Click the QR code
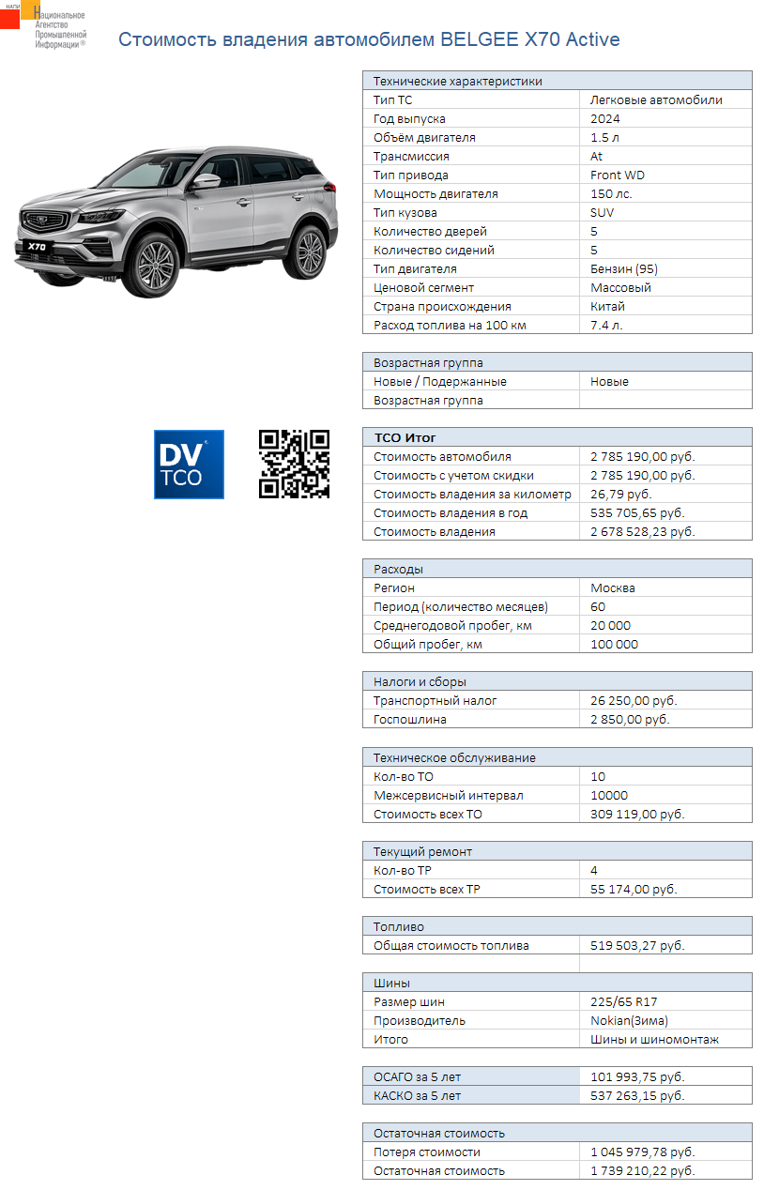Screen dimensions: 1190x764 (294, 464)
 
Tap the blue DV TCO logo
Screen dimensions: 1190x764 (189, 464)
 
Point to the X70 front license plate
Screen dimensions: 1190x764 (38, 247)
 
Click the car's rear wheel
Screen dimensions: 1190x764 (306, 250)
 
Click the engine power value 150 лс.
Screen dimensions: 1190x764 (611, 194)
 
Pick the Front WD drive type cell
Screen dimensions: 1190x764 (618, 175)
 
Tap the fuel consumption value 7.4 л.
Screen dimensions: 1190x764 (606, 326)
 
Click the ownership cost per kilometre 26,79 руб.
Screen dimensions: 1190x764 (620, 495)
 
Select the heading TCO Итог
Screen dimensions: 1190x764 (405, 437)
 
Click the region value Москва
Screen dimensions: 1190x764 (613, 588)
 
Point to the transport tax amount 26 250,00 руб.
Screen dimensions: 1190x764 (634, 701)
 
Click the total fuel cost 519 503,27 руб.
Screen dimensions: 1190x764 (637, 946)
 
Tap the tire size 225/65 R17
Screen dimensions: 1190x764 (624, 1002)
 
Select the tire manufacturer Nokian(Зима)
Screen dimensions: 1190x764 (629, 1021)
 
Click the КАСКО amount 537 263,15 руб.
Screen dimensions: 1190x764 (637, 1096)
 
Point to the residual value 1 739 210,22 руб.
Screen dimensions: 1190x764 (643, 1171)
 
